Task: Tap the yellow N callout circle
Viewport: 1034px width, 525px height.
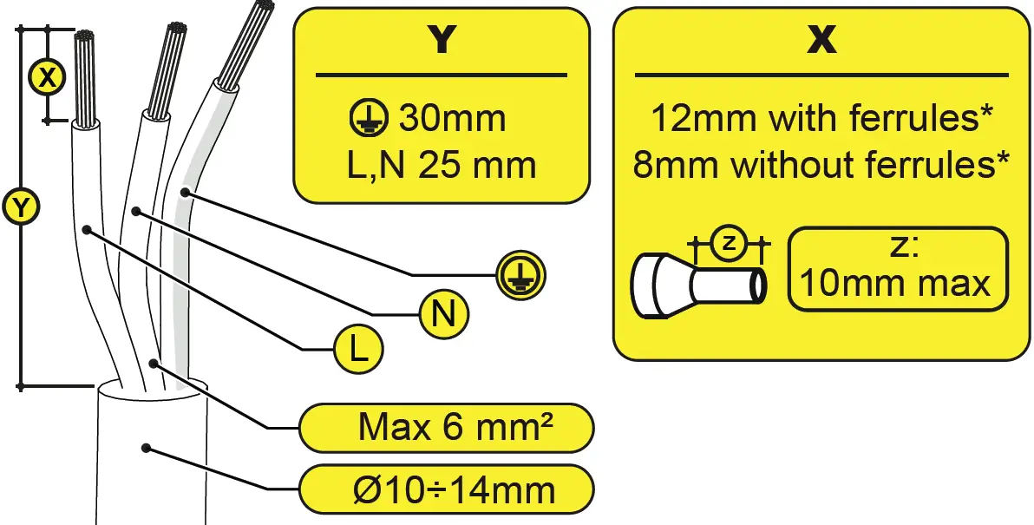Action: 443,313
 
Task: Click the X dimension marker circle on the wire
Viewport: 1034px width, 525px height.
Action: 49,77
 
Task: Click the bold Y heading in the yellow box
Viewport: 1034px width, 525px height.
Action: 442,40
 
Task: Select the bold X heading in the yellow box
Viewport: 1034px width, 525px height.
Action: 821,40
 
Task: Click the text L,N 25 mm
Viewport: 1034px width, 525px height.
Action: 441,164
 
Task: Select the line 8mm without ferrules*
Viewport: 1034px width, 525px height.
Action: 821,164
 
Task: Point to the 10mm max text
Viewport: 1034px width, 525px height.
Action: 895,283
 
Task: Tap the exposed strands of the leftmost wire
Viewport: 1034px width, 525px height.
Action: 85,78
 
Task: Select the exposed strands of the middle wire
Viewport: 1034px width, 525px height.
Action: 167,69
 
